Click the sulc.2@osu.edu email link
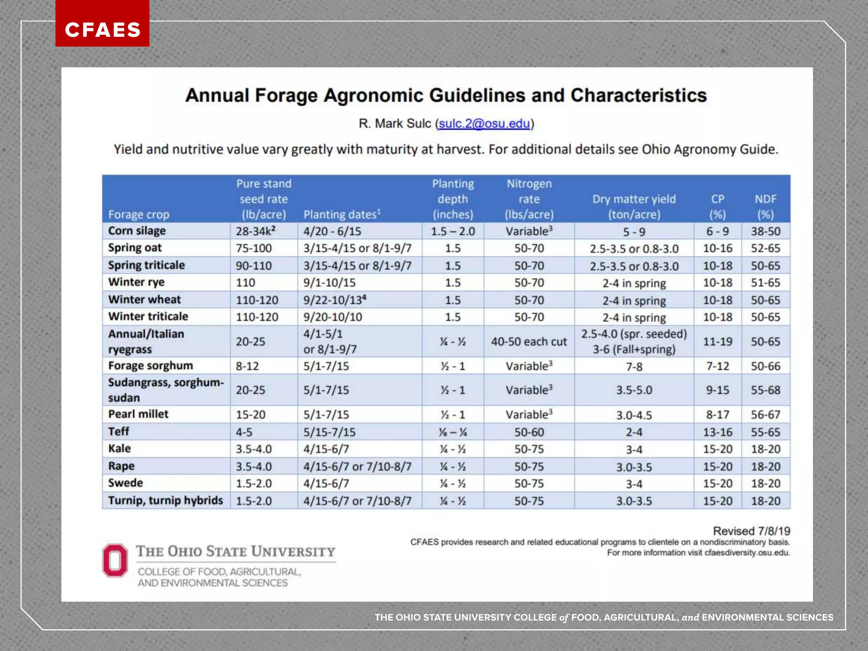484,123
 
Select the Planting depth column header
453,199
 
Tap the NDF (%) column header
765,206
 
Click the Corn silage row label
137,231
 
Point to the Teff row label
119,431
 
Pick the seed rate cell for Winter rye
245,283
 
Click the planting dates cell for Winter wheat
334,300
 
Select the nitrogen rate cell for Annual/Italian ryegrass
529,342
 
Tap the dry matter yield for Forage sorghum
634,366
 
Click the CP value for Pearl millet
718,415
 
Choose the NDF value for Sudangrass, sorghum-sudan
765,390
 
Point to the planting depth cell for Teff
453,432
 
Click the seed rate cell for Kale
254,449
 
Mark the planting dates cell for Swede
326,484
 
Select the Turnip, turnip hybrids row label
165,501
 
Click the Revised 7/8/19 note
751,531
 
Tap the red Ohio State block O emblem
115,560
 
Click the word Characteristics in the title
638,95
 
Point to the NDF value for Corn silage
765,231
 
